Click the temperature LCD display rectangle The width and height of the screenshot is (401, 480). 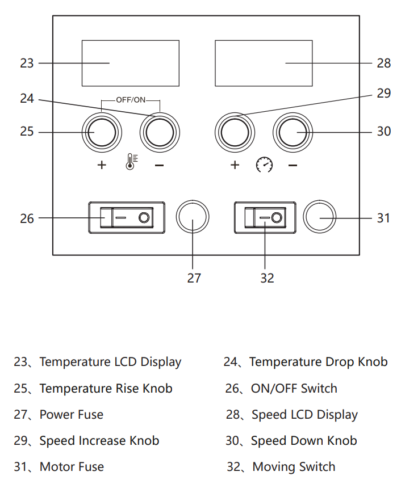[x=130, y=63]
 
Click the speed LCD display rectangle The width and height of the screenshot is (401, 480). [x=264, y=63]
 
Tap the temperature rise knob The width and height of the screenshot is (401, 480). [x=102, y=132]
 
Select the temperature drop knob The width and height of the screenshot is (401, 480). [x=160, y=132]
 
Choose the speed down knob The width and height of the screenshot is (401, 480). [x=293, y=132]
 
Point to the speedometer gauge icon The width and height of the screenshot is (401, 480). [x=264, y=166]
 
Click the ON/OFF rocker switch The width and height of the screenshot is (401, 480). [x=127, y=217]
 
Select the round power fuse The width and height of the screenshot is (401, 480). [x=193, y=217]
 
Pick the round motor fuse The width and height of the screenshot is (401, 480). [x=320, y=217]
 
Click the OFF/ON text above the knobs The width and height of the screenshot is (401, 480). [x=131, y=100]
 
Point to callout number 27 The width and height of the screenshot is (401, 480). [x=193, y=278]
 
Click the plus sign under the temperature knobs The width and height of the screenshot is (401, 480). [x=102, y=166]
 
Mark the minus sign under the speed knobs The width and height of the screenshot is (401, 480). [x=293, y=166]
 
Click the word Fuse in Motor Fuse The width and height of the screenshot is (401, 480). [x=90, y=467]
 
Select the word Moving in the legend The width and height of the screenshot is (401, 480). [x=274, y=467]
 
